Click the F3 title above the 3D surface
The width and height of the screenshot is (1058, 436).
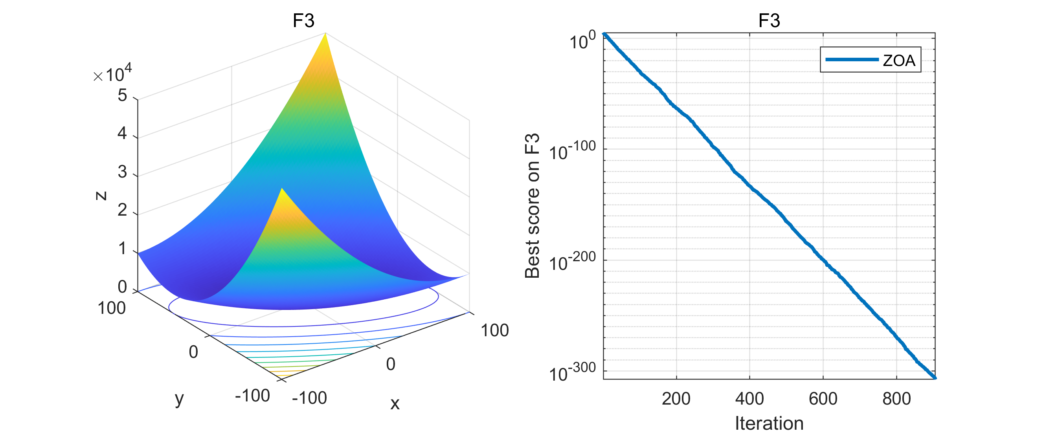pos(303,20)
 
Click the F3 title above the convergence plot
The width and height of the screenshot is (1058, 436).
pos(769,20)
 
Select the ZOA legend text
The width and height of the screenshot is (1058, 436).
pos(899,60)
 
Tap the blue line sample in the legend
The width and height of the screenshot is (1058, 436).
pos(851,60)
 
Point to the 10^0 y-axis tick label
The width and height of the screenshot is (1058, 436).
pos(582,40)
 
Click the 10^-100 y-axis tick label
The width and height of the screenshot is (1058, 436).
pos(572,151)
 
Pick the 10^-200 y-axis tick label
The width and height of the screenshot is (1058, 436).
pos(572,262)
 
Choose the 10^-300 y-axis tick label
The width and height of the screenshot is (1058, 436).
pos(572,372)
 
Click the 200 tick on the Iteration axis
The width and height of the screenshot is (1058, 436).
pos(676,399)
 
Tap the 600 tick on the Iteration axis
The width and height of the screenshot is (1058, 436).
pos(823,399)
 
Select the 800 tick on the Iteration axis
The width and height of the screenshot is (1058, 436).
pos(896,399)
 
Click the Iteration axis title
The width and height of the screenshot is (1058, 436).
pos(769,423)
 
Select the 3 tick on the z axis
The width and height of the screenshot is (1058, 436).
pos(122,172)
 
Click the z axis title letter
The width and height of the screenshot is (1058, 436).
pos(101,196)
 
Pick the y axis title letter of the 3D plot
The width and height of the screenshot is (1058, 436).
pos(179,398)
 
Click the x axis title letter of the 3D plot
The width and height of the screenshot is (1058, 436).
pos(395,403)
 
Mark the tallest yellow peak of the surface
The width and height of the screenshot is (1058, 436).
pos(325,35)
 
